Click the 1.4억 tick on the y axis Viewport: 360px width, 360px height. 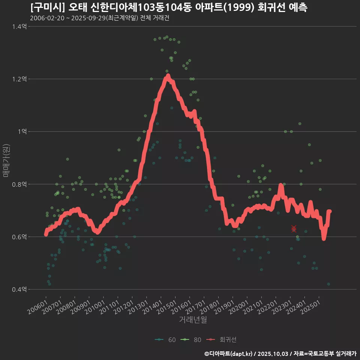19,27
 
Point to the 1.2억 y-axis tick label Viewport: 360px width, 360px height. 19,79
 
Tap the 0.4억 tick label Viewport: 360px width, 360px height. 19,289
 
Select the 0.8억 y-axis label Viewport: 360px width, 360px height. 19,184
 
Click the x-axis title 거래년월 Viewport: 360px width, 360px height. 193,319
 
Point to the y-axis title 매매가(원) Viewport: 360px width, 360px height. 6,160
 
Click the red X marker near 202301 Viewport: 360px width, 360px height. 294,229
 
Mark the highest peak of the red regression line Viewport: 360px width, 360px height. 168,76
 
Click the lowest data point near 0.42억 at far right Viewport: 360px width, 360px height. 328,284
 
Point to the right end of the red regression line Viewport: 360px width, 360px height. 330,211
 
